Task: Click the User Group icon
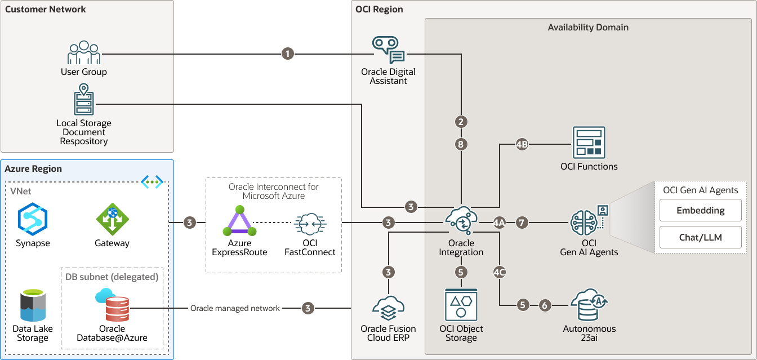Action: point(84,52)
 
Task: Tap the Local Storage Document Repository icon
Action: point(84,100)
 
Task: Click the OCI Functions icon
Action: point(589,143)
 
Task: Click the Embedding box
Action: point(701,210)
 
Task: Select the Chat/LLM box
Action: point(701,237)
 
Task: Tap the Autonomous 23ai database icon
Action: point(589,306)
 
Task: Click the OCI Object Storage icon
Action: point(461,305)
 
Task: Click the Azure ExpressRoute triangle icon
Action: point(239,221)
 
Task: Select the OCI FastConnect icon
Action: point(310,224)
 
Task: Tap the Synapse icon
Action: point(33,219)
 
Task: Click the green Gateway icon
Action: point(112,219)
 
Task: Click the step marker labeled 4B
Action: point(522,144)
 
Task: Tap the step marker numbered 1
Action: point(288,54)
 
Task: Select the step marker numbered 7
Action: point(522,223)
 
